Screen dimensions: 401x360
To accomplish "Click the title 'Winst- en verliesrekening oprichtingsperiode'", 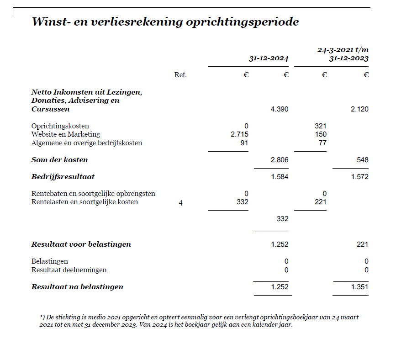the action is pos(165,22).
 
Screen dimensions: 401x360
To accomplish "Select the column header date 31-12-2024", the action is pos(269,58).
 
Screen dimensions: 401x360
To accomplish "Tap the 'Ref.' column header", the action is pos(180,75).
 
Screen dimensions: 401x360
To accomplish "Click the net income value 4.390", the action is pos(280,109).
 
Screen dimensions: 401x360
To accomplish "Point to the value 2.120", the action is pos(359,109).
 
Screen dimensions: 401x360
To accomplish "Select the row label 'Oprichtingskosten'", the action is pos(60,126).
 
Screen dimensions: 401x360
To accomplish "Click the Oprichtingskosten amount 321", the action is pos(321,126).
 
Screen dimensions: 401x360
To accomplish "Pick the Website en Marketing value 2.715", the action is pos(239,134).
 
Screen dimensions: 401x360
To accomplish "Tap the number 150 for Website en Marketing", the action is pos(321,134).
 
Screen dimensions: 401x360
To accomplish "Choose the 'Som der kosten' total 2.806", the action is pos(280,160).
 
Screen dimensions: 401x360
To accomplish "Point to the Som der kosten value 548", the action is pos(362,160).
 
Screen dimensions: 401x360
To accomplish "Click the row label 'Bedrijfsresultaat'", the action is pos(63,177).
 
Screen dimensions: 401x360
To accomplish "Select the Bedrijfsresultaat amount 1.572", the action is pos(359,177).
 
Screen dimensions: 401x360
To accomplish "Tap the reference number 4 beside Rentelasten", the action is pos(180,202).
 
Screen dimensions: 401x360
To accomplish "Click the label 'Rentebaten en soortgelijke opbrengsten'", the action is pos(93,194).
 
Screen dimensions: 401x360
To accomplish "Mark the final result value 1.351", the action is pos(359,287).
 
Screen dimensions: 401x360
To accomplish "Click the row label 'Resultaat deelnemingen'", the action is pos(69,270).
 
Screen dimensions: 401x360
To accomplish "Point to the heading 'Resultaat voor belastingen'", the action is pos(81,244).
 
